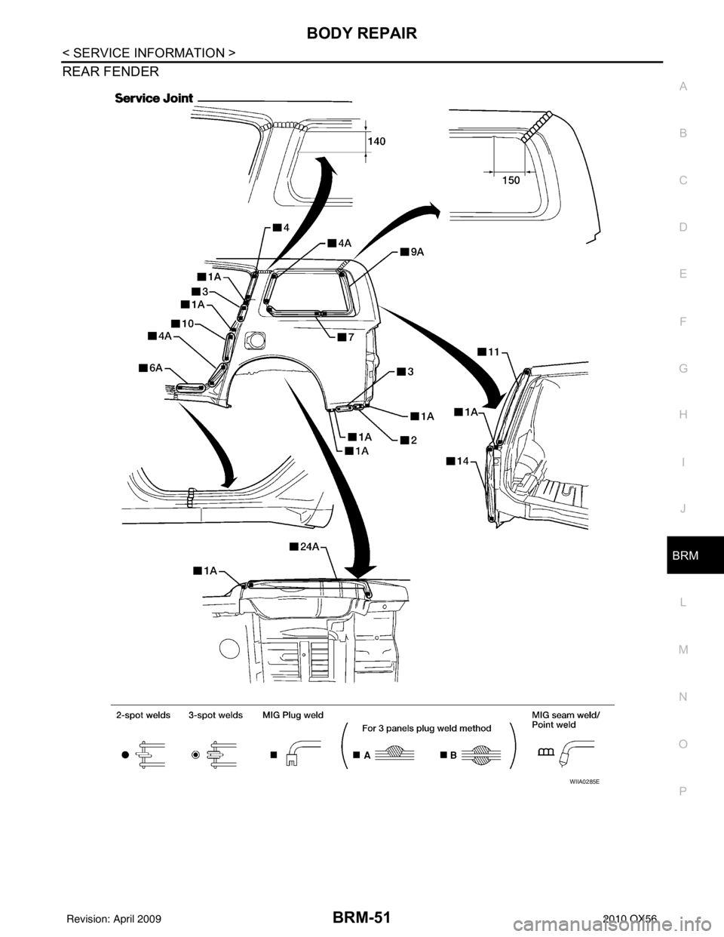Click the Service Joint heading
coord(154,98)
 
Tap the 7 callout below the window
coord(345,336)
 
